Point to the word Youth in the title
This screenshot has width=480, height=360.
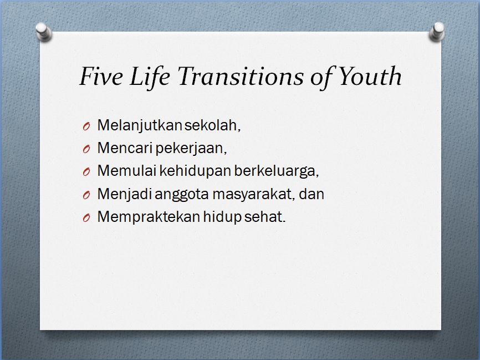(369, 77)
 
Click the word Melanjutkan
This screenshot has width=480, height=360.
(139, 125)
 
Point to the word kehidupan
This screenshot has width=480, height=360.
(195, 171)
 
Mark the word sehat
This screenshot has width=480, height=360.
(268, 217)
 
